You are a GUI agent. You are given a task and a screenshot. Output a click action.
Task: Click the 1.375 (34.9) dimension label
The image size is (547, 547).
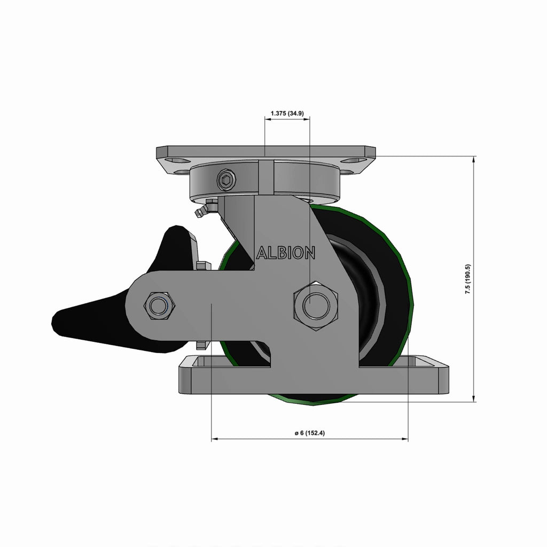(x=287, y=113)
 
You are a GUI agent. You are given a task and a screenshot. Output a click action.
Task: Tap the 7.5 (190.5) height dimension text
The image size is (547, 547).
(x=468, y=279)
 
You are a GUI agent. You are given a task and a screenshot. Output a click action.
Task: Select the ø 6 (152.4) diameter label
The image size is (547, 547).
(x=310, y=433)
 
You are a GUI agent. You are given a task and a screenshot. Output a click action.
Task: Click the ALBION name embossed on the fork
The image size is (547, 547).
(x=286, y=253)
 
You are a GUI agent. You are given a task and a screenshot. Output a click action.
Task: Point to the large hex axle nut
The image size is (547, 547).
(x=316, y=306)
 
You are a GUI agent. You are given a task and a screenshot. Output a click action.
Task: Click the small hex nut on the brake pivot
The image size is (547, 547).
(x=159, y=306)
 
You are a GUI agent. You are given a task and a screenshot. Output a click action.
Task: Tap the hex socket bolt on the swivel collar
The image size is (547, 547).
(x=226, y=180)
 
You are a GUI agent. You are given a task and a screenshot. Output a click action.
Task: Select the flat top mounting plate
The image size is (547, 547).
(x=266, y=151)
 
